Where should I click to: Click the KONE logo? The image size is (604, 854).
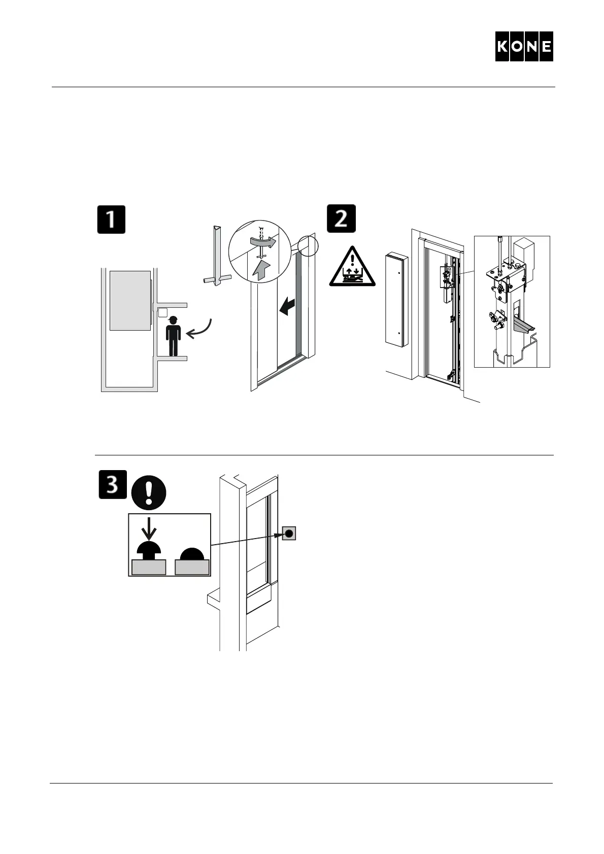pyautogui.click(x=524, y=47)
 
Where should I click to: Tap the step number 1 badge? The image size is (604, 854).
pyautogui.click(x=111, y=219)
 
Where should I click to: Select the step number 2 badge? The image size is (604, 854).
pyautogui.click(x=341, y=218)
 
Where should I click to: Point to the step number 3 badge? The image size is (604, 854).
pyautogui.click(x=112, y=484)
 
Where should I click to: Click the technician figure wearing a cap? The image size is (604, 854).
pyautogui.click(x=174, y=336)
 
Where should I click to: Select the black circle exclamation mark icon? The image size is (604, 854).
pyautogui.click(x=148, y=493)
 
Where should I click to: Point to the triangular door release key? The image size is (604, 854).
pyautogui.click(x=217, y=256)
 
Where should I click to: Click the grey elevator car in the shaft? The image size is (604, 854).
pyautogui.click(x=130, y=300)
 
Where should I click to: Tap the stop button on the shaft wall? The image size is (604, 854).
pyautogui.click(x=289, y=533)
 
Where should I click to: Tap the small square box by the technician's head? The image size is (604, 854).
pyautogui.click(x=162, y=312)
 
